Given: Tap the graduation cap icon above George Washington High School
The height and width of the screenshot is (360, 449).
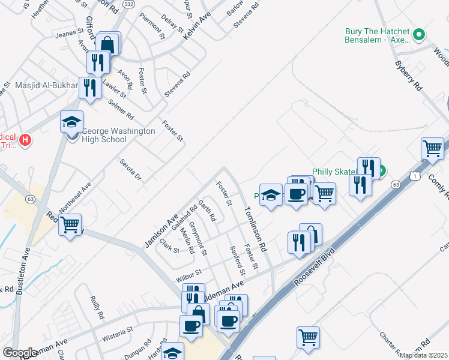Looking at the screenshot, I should [71, 122].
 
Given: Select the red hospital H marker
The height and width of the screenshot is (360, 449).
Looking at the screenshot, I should [25, 140].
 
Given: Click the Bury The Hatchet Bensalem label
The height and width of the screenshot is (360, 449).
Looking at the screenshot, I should [376, 35].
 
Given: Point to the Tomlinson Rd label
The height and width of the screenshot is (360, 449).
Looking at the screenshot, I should [254, 229].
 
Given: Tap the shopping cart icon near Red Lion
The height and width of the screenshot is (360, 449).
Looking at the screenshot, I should [70, 225].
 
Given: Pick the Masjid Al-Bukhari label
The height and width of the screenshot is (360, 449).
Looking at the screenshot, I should [39, 86].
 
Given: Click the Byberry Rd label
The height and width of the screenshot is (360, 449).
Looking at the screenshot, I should [408, 76].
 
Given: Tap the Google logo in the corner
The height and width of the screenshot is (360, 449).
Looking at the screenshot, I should [20, 353].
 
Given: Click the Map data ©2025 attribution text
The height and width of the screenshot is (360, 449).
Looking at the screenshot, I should [422, 355].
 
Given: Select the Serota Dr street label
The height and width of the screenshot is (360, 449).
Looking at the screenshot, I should [130, 170].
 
